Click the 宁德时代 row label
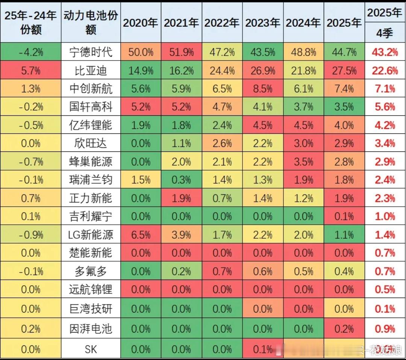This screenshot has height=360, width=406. coord(91,52)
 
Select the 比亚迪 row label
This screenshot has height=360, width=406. coord(91,70)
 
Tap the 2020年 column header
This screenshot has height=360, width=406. coord(141,23)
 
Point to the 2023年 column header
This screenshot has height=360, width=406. coord(262,23)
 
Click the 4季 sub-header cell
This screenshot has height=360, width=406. coord(385,33)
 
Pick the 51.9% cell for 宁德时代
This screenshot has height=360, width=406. coord(181,52)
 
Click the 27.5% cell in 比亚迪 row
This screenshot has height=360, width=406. coord(344,70)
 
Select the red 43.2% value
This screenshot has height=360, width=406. coord(385,52)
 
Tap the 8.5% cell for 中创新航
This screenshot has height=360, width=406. coord(262,89)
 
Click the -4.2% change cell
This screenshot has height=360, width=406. coord(31,52)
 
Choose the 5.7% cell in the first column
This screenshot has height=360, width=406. coord(31,70)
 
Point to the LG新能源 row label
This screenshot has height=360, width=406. coord(91,235)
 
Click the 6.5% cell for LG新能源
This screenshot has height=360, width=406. coord(141,235)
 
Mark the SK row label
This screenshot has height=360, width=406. coord(91,349)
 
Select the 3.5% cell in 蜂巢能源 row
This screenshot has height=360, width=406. coord(303,162)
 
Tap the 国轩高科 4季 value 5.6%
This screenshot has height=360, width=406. coord(385,107)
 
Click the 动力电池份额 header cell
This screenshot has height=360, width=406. coord(91,23)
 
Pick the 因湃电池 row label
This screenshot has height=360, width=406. coord(91,329)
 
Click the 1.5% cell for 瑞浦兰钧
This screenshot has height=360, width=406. coord(141,180)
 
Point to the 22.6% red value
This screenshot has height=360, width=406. coord(385,70)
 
